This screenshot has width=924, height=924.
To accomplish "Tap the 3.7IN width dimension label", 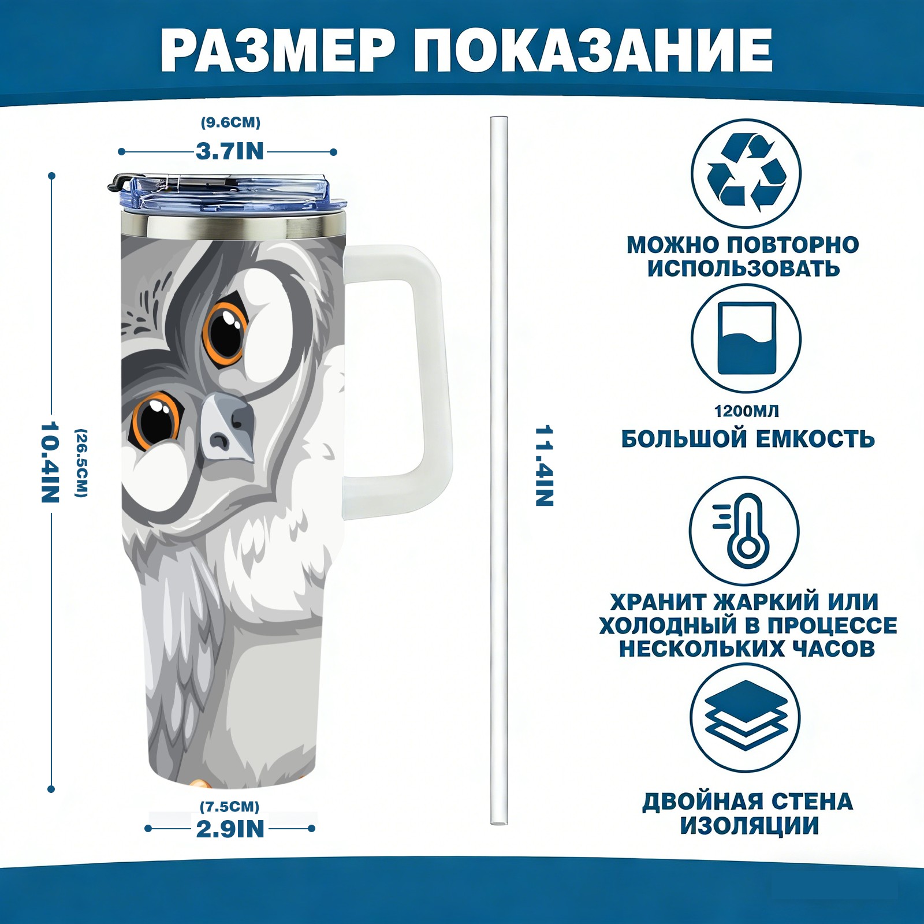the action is click(x=230, y=151).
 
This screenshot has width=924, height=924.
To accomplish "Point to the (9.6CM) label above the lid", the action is click(x=230, y=122).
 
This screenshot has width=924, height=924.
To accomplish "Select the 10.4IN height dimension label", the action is click(x=50, y=462).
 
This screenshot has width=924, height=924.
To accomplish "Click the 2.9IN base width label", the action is click(x=230, y=829).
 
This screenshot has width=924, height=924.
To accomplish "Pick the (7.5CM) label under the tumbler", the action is click(x=230, y=806).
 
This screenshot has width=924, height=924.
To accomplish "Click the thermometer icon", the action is click(x=744, y=530).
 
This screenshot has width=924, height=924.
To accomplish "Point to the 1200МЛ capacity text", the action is click(x=746, y=411).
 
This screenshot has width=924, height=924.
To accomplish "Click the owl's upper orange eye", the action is click(x=226, y=331).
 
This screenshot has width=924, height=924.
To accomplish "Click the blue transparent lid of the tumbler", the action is click(x=228, y=193).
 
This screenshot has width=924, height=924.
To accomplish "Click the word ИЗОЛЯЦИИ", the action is click(x=749, y=826).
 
